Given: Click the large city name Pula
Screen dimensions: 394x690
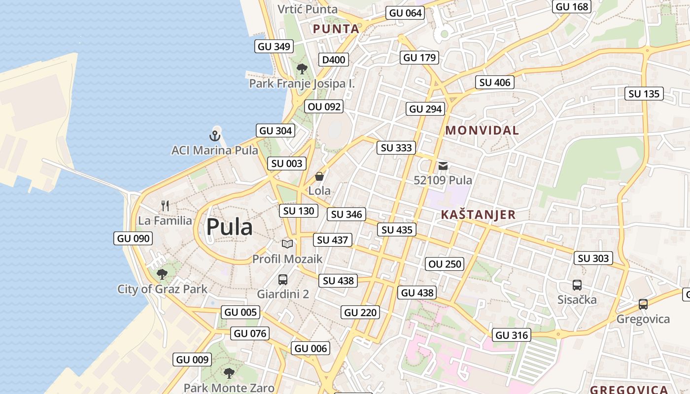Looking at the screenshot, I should (229, 227).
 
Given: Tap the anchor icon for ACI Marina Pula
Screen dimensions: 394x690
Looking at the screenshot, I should (214, 135).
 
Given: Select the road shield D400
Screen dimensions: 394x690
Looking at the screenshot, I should (334, 60).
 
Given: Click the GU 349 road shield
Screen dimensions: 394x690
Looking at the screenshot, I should (275, 47).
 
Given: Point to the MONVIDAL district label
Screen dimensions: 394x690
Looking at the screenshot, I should (482, 131).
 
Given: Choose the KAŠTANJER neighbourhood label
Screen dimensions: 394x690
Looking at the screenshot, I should (478, 215).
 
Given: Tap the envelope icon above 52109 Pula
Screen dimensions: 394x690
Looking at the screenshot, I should (443, 166).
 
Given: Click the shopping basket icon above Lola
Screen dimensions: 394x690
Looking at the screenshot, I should (319, 176).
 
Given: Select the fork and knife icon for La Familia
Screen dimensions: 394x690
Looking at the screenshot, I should (165, 205).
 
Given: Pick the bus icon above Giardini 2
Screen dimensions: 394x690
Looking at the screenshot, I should (283, 280).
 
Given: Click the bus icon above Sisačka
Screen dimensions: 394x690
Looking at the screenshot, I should (577, 285).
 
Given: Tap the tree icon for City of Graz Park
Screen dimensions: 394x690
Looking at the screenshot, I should (162, 274).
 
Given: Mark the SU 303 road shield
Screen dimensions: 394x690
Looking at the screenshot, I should (593, 258).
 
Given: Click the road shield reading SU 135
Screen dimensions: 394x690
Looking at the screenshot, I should (644, 94).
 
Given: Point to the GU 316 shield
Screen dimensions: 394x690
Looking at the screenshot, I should (512, 335).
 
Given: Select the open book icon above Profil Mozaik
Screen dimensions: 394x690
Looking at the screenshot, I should (287, 244).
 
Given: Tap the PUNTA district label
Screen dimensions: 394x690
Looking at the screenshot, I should (336, 29).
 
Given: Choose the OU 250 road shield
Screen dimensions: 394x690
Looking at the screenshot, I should (445, 264).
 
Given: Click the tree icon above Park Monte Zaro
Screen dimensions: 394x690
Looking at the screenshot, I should (229, 373).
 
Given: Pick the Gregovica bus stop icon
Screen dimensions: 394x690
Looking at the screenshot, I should (643, 304).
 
